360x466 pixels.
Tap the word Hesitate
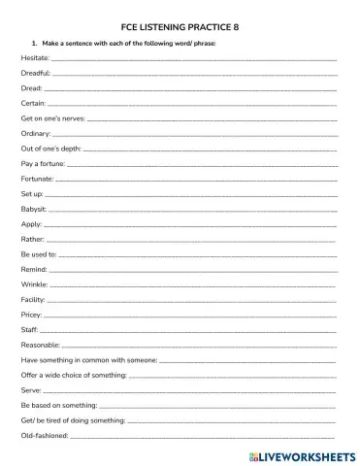click(x=34, y=58)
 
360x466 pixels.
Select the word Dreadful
click(x=35, y=73)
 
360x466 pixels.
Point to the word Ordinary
click(x=35, y=133)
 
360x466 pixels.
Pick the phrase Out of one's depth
click(x=50, y=149)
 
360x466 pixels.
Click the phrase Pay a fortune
click(x=43, y=163)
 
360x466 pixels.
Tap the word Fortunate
click(x=37, y=179)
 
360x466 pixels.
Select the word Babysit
click(x=33, y=209)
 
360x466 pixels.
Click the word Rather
click(x=32, y=239)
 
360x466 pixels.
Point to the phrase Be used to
click(x=38, y=254)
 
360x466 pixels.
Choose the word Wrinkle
click(x=34, y=284)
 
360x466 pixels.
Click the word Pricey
click(x=31, y=315)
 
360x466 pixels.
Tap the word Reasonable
click(x=40, y=345)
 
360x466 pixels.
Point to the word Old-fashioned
click(x=44, y=436)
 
